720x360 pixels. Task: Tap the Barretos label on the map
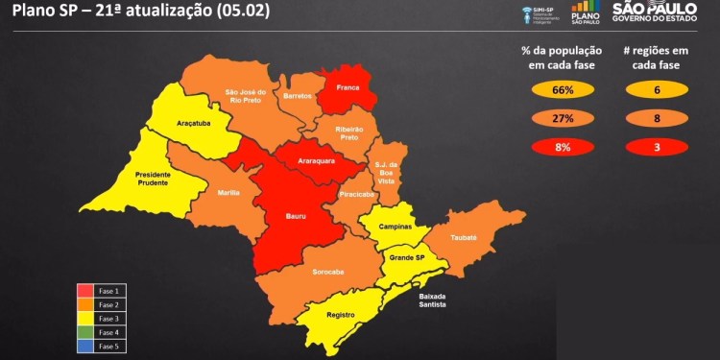pyautogui.click(x=299, y=97)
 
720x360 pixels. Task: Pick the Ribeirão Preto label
pyautogui.click(x=348, y=132)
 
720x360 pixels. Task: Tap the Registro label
pyautogui.click(x=341, y=315)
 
